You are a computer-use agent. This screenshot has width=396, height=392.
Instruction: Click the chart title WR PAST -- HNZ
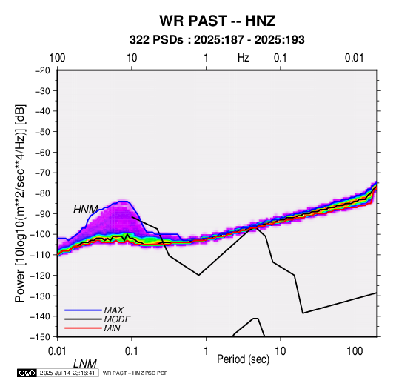pos(217,21)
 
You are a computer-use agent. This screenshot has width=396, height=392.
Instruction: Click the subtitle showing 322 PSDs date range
pos(217,40)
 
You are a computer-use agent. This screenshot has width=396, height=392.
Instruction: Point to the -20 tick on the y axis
pos(42,70)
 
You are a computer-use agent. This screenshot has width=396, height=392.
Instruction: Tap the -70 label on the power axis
pos(42,173)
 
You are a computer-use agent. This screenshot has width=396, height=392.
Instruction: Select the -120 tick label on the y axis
pos(40,275)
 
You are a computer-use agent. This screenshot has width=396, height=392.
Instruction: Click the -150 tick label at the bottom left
pos(40,337)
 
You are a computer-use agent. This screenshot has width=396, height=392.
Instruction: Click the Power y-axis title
pos(20,203)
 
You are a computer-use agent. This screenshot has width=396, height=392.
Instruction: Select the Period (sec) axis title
pos(244,359)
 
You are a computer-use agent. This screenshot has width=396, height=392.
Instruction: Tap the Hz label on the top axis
pos(244,58)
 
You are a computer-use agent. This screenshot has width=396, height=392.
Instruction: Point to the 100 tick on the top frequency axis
pos(57,58)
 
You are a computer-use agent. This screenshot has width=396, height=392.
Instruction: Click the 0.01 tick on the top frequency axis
pos(355,58)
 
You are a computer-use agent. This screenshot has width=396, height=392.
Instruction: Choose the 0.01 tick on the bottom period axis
pos(58,351)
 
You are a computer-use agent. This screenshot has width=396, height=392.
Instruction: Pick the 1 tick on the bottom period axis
pos(206,351)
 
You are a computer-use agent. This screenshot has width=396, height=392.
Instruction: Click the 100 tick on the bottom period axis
pos(355,351)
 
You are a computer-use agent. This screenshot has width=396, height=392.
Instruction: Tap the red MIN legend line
pos(83,328)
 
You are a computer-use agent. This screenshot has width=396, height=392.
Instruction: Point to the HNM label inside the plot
pos(86,210)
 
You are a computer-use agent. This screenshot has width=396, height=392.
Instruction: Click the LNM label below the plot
pos(85,364)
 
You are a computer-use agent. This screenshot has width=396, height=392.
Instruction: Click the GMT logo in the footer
pos(27,373)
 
